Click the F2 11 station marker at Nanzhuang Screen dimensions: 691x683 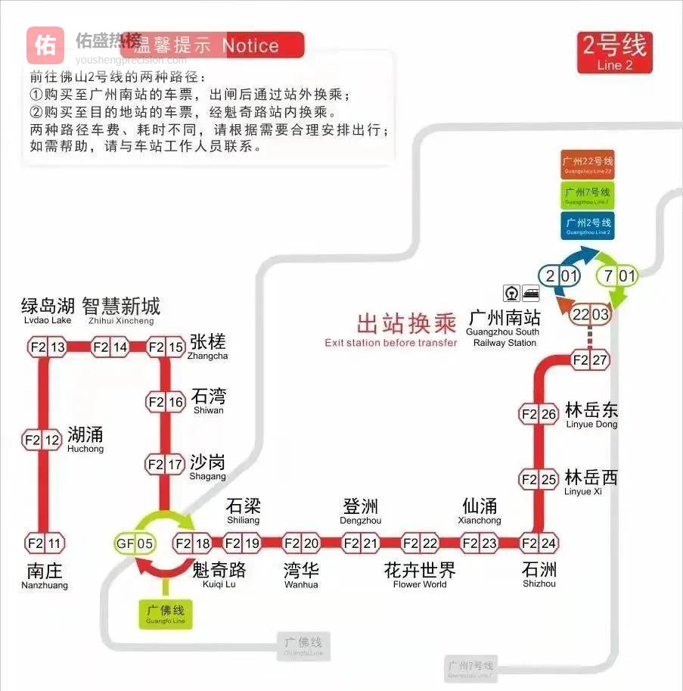tap(45, 543)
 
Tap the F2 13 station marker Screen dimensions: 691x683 tap(47, 347)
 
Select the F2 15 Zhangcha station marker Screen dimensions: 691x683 tap(166, 347)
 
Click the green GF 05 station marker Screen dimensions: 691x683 tap(135, 543)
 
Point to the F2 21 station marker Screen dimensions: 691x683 tap(361, 543)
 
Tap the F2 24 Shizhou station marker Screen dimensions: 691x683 tap(539, 543)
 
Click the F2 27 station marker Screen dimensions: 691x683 tap(590, 360)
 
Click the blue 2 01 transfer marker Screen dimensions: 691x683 tap(559, 276)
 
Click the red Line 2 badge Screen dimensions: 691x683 tap(614, 52)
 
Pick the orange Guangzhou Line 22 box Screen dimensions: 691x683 tap(588, 164)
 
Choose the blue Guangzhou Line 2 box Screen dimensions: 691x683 tap(588, 226)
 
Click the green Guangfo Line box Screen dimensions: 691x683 tap(166, 613)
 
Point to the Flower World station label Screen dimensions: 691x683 tap(420, 574)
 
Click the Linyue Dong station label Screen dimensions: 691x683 tap(591, 415)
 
